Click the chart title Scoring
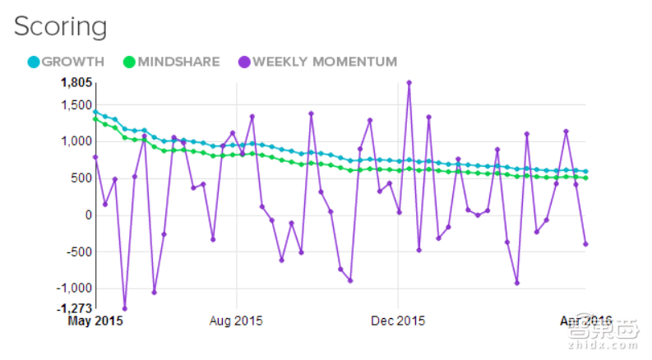pyautogui.click(x=60, y=26)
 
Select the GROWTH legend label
pyautogui.click(x=72, y=62)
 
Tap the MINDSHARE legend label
pyautogui.click(x=179, y=62)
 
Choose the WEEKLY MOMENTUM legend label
pyautogui.click(x=324, y=62)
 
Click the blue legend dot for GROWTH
pyautogui.click(x=34, y=62)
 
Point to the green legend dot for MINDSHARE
pyautogui.click(x=130, y=62)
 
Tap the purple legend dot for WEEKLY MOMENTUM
pyautogui.click(x=244, y=62)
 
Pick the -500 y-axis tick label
pyautogui.click(x=76, y=252)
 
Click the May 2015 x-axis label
pyautogui.click(x=95, y=321)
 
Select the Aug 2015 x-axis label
pyautogui.click(x=236, y=321)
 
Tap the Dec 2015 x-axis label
pyautogui.click(x=397, y=321)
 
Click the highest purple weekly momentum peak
pyautogui.click(x=409, y=82)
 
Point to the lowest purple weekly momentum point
pyautogui.click(x=125, y=309)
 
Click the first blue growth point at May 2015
pyautogui.click(x=95, y=112)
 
